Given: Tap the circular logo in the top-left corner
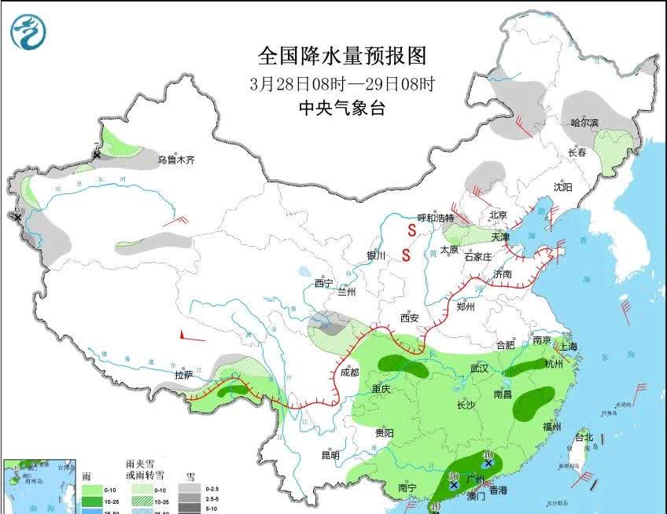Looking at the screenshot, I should [x=28, y=32].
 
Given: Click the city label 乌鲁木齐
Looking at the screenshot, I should [x=175, y=160].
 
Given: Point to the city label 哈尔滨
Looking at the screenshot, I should [x=584, y=123].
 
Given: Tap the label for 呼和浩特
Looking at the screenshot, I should [x=435, y=218].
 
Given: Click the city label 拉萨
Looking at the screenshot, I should [x=184, y=376].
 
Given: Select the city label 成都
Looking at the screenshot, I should [x=351, y=372].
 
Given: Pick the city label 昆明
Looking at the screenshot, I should [x=330, y=455].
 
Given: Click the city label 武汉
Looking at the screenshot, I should [x=480, y=368].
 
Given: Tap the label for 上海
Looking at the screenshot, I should [x=567, y=347].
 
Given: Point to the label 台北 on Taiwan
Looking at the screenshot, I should [x=584, y=437].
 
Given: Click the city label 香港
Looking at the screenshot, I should [x=499, y=490].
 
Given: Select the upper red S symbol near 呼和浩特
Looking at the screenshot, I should [x=411, y=230].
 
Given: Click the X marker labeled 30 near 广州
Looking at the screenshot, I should [x=454, y=486].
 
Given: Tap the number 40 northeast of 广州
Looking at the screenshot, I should [x=488, y=455].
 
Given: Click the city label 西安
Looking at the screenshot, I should [x=409, y=318].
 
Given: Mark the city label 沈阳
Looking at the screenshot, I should [x=562, y=187].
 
